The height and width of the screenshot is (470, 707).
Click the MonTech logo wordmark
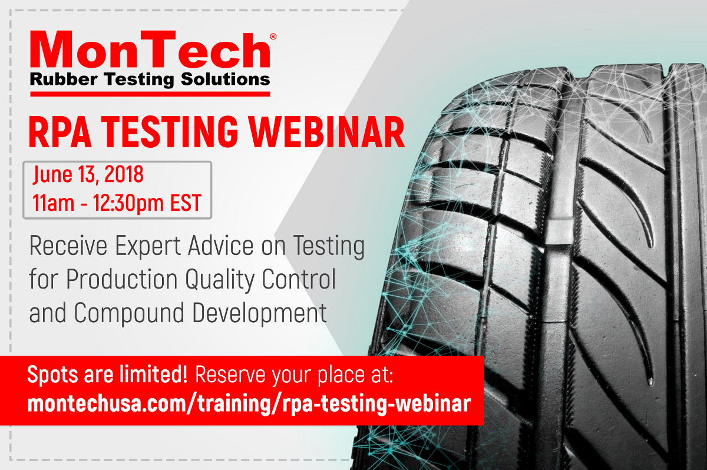pyautogui.click(x=150, y=52)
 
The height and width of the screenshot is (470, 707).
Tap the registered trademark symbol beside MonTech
pyautogui.click(x=273, y=37)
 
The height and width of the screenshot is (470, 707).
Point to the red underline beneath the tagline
pyautogui.click(x=150, y=94)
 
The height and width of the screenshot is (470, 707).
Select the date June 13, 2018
pyautogui.click(x=88, y=175)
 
